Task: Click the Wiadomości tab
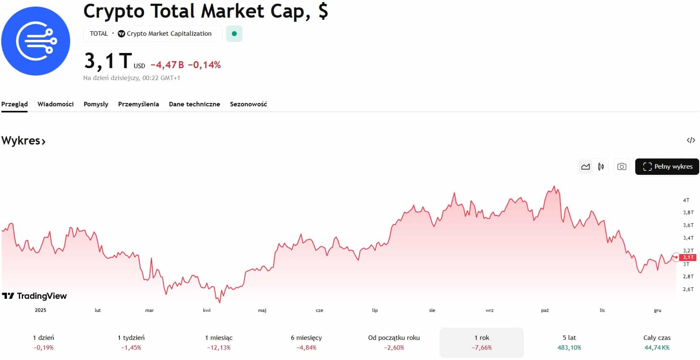click(x=55, y=104)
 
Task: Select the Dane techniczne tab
click(x=194, y=104)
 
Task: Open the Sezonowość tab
click(x=248, y=104)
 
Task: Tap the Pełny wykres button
click(x=667, y=167)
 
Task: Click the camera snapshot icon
click(x=622, y=167)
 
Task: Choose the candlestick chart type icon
click(x=601, y=167)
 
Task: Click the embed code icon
click(x=691, y=140)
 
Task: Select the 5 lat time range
click(x=569, y=342)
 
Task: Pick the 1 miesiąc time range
click(x=219, y=342)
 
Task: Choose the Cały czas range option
click(x=657, y=342)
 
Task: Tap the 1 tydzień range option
click(x=131, y=342)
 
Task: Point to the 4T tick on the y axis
click(x=686, y=200)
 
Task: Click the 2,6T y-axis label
click(x=688, y=289)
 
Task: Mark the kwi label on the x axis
click(x=207, y=310)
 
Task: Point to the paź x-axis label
click(x=545, y=310)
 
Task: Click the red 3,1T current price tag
click(x=688, y=257)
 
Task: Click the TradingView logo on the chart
click(x=34, y=296)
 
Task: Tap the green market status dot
click(x=234, y=34)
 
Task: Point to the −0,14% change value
click(x=204, y=65)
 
